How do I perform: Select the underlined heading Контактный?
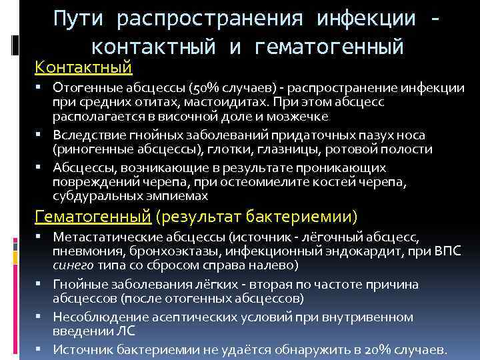point(83,67)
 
